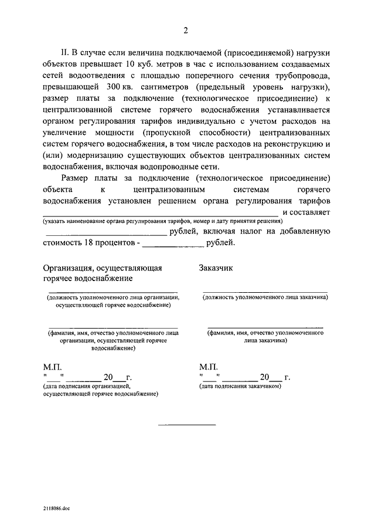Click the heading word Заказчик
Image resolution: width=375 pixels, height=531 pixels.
(x=216, y=268)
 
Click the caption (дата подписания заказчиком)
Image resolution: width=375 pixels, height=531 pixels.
(x=241, y=387)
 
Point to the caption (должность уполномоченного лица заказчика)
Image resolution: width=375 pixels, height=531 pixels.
(x=265, y=297)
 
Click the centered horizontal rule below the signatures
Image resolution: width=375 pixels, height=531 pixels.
(x=185, y=424)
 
